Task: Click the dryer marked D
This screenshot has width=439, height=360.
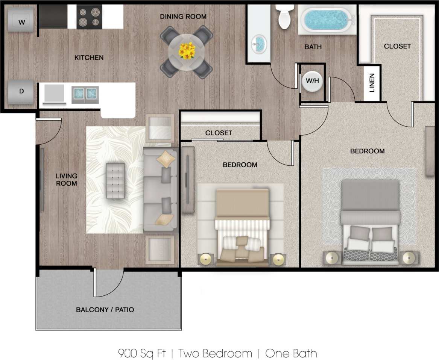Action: click(x=22, y=91)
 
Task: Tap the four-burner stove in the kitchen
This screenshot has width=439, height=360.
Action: click(x=89, y=17)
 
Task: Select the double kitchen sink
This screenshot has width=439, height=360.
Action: click(x=85, y=93)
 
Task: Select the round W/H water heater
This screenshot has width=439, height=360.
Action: click(x=312, y=81)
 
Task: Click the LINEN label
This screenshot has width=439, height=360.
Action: click(x=372, y=83)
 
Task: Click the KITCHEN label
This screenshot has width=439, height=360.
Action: click(x=89, y=57)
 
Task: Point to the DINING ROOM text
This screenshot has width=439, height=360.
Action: click(x=183, y=17)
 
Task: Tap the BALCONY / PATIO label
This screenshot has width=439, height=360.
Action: click(x=105, y=310)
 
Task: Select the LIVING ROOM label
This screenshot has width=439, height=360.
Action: click(x=66, y=180)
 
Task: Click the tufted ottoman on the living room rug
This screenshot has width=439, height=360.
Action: click(x=116, y=180)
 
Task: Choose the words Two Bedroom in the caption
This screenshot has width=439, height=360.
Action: click(x=215, y=353)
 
